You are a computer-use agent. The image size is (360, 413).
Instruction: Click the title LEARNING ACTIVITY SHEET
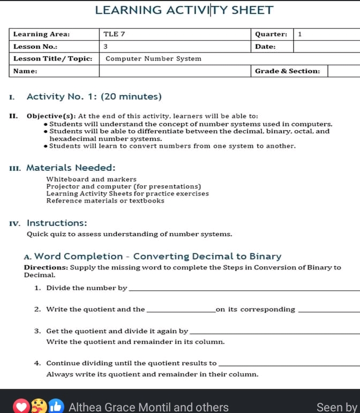(184, 10)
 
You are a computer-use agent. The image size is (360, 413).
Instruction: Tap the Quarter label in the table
(271, 34)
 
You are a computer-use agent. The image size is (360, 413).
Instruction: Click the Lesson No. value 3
(106, 47)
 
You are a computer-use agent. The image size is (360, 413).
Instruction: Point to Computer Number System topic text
(153, 58)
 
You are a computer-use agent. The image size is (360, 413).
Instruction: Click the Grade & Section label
(287, 71)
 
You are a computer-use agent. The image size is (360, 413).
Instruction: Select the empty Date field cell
(326, 47)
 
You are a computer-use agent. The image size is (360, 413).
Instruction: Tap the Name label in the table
(25, 71)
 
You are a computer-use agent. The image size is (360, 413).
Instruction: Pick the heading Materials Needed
(71, 168)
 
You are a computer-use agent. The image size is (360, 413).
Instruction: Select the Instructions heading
(57, 223)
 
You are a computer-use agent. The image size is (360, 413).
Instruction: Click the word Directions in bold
(46, 267)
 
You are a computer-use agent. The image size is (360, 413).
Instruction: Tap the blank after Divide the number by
(244, 289)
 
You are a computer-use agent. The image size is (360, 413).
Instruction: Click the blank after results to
(289, 364)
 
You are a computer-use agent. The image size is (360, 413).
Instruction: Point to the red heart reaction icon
(20, 407)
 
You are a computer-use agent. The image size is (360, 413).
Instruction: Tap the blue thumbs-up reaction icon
(56, 407)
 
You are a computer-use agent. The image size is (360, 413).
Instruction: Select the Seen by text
(336, 407)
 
